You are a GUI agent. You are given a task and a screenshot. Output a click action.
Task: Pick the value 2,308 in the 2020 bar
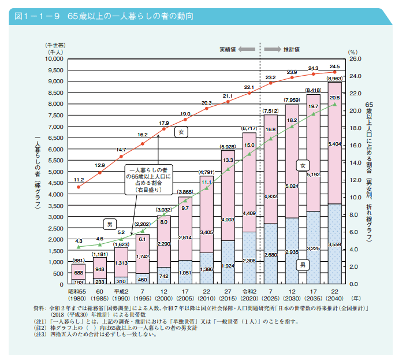click(249, 260)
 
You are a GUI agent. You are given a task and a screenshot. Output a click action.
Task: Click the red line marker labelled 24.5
click(334, 72)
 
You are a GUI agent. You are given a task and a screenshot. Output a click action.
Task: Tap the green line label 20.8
click(334, 98)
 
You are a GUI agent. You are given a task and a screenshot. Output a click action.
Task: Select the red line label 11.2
click(79, 180)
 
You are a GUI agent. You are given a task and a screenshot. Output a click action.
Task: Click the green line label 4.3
click(79, 240)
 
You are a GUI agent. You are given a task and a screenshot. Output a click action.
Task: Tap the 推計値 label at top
click(291, 49)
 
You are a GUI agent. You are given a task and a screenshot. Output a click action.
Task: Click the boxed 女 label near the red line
click(181, 132)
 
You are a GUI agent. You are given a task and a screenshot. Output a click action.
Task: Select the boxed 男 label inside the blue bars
click(302, 265)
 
